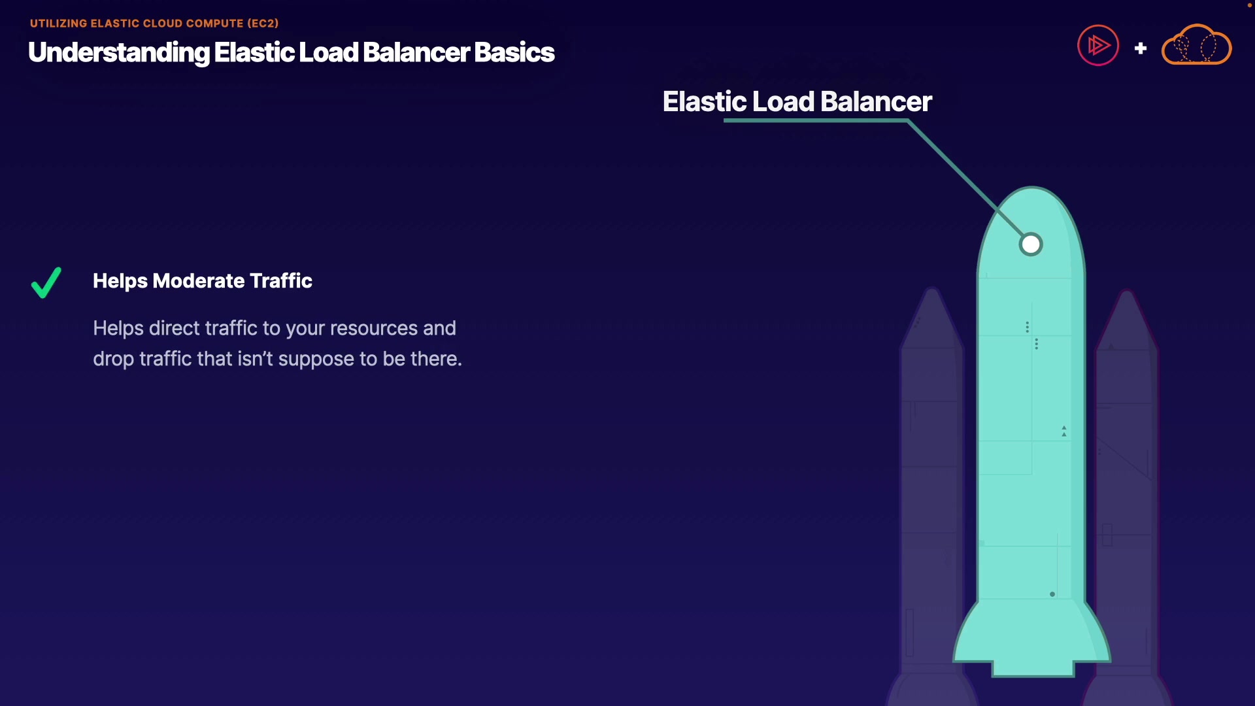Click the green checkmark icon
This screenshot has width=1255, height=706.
(x=46, y=282)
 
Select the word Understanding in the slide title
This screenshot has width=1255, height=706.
(x=119, y=53)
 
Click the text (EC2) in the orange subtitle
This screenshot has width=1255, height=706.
(x=263, y=24)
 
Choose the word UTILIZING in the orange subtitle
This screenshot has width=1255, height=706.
(x=58, y=24)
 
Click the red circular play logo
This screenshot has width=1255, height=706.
(x=1098, y=45)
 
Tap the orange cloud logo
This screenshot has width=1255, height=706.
(x=1196, y=46)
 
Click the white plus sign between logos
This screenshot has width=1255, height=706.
(x=1141, y=48)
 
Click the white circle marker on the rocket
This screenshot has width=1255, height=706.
(x=1031, y=244)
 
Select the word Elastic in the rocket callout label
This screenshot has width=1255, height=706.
(x=704, y=102)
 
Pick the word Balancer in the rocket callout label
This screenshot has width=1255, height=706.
(x=876, y=102)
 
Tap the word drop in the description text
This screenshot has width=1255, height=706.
(x=113, y=360)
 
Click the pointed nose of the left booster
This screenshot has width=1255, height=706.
(x=932, y=291)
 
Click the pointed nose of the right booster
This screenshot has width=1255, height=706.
(x=1127, y=294)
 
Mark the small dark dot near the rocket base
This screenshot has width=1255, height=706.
(x=1052, y=594)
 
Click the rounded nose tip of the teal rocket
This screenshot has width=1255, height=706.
(x=1032, y=190)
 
